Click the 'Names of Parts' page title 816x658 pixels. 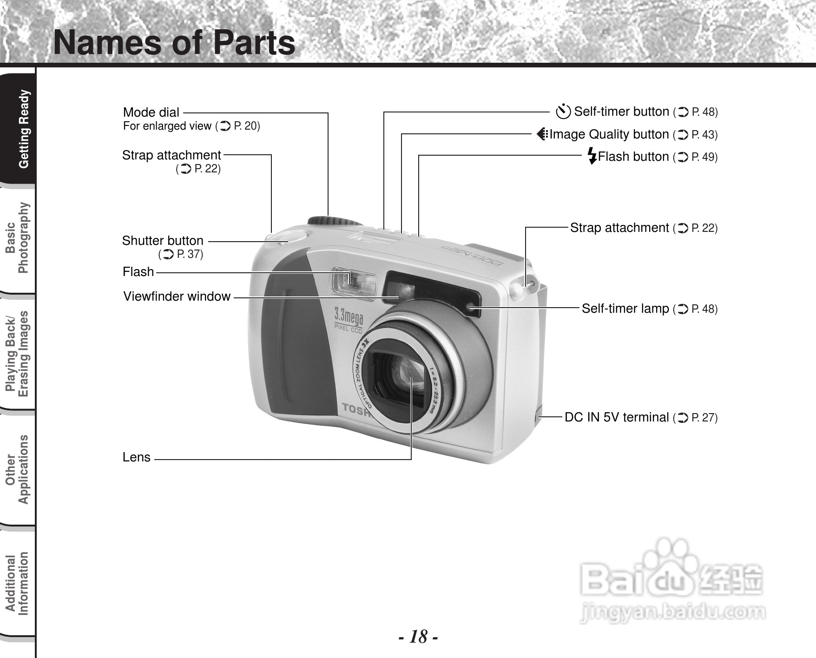point(174,43)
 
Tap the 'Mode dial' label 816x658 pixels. point(151,112)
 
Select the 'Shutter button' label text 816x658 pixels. point(163,241)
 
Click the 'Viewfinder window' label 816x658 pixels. point(177,296)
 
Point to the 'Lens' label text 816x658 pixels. point(137,457)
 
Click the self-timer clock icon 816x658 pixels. point(563,112)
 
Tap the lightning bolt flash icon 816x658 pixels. point(592,156)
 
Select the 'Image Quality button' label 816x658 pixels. point(609,134)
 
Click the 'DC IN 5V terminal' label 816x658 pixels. point(617,417)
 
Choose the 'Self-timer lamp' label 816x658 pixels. point(625,309)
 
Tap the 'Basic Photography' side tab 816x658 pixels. point(18,238)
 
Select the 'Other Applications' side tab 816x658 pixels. point(18,469)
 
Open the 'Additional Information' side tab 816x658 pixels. point(18,584)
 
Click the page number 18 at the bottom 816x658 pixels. point(418,637)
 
